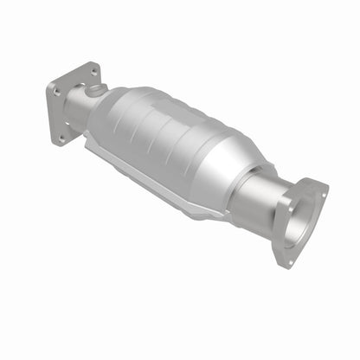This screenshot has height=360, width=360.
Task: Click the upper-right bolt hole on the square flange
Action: (90, 68)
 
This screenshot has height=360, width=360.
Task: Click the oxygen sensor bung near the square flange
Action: (99, 88)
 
